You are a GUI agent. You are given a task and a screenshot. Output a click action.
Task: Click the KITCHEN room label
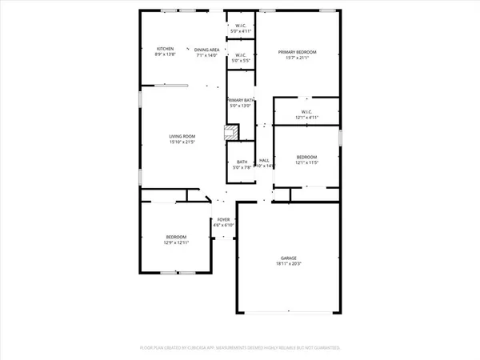tap(165, 49)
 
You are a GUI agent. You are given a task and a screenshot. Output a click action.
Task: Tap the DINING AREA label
tap(206, 49)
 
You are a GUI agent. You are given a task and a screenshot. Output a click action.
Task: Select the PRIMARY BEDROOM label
tap(298, 51)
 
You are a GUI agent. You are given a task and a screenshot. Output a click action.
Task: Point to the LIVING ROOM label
tap(182, 136)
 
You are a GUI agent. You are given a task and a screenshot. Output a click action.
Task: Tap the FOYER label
tap(223, 219)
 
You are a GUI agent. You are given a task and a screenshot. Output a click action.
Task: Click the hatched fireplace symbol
tap(230, 132)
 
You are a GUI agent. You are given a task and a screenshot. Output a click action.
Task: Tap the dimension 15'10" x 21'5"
tap(182, 142)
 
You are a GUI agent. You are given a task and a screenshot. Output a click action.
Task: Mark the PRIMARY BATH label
tap(241, 99)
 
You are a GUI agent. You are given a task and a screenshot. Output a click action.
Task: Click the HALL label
tap(264, 160)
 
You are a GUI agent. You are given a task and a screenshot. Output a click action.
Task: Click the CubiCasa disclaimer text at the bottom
tap(240, 348)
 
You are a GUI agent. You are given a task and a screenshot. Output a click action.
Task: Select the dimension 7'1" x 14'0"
tap(206, 54)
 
